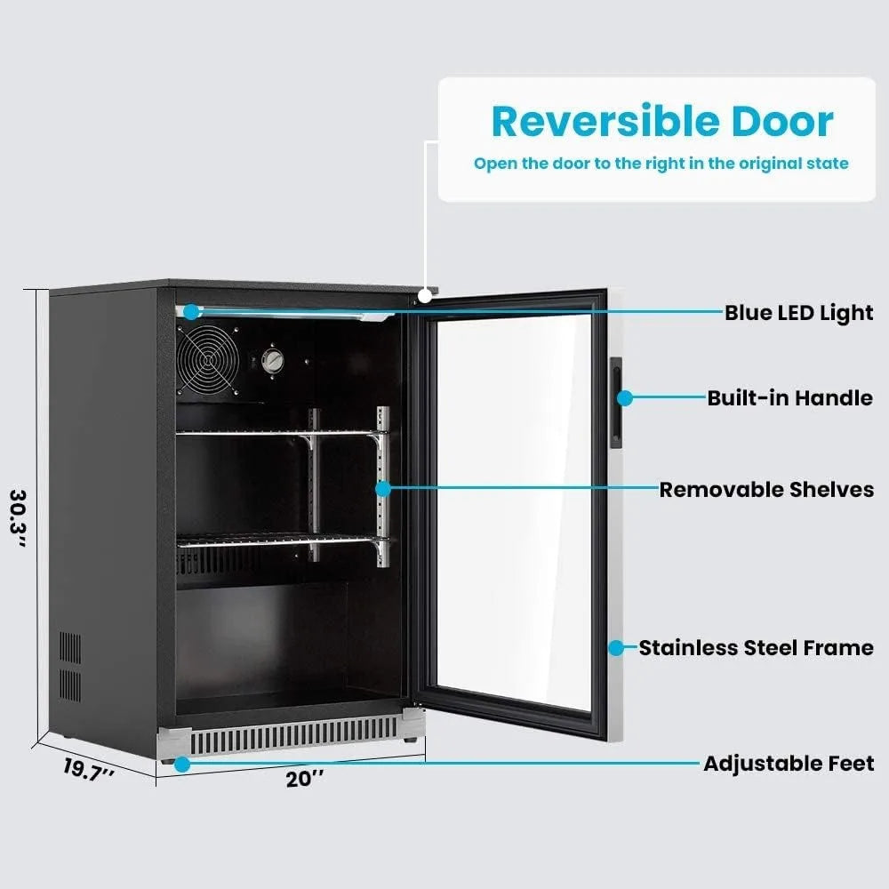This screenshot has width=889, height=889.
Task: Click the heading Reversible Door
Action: [662, 122]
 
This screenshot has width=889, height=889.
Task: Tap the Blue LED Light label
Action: [798, 313]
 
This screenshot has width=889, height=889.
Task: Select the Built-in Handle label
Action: [789, 397]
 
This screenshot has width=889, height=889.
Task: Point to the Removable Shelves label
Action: [766, 490]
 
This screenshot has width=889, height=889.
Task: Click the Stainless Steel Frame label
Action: [756, 648]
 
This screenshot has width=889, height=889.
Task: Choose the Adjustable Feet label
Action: [789, 764]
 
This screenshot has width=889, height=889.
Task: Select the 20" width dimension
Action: [305, 780]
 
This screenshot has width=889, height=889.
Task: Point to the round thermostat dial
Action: [274, 361]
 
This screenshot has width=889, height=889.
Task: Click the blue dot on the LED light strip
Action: [191, 311]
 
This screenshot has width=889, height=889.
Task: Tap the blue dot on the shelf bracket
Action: [382, 488]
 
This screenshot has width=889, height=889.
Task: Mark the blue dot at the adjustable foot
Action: [181, 763]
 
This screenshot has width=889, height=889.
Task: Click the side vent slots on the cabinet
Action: [69, 667]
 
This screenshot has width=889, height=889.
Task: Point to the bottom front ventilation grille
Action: [293, 736]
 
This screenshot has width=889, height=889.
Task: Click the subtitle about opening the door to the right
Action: [661, 164]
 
